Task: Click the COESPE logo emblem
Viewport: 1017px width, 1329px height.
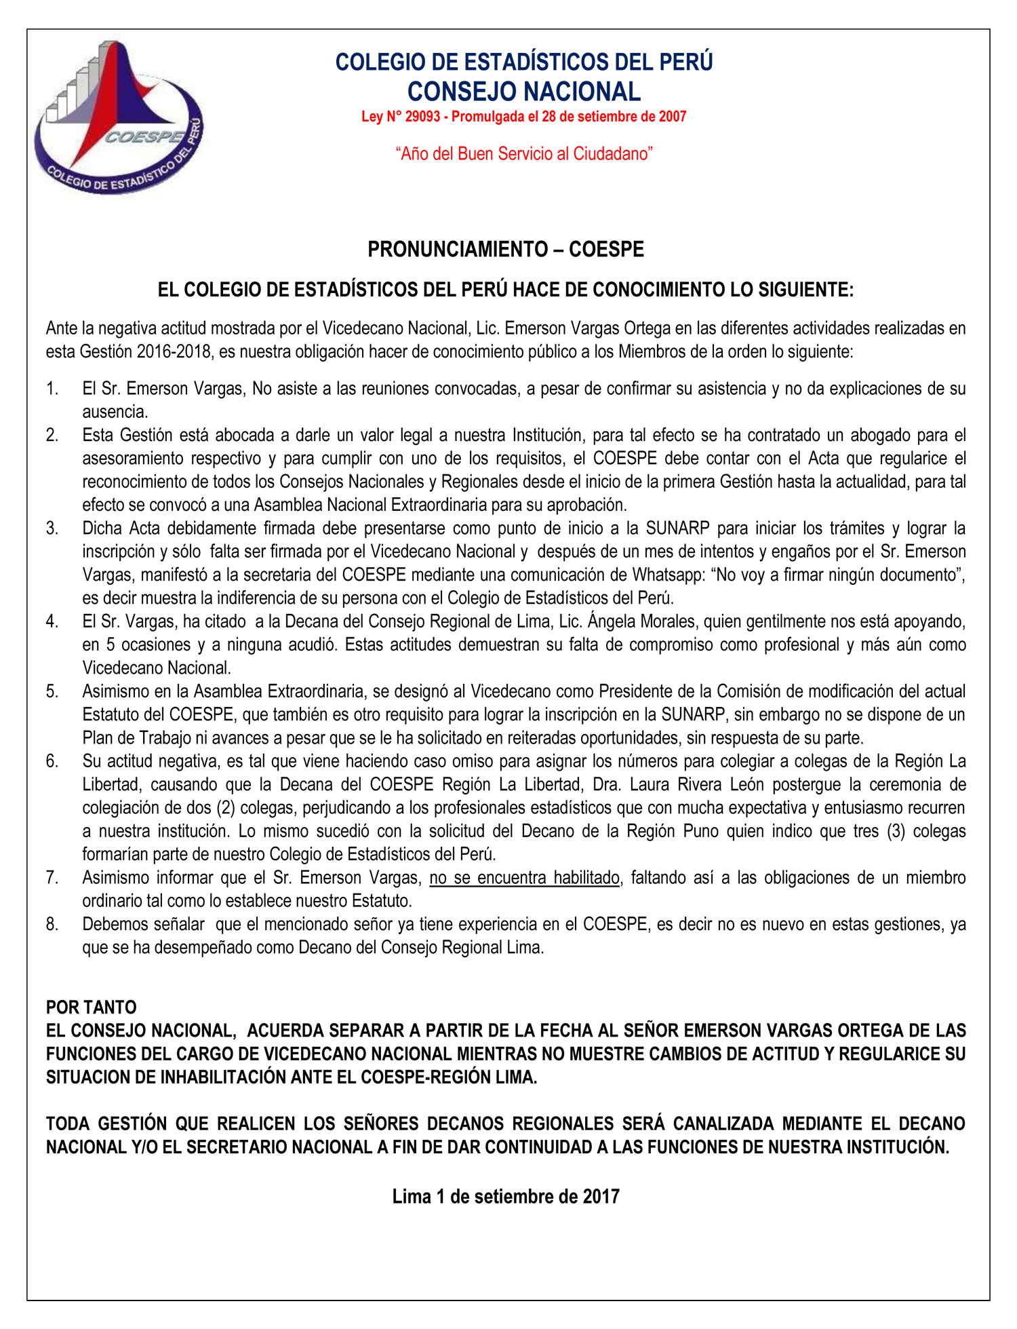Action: [119, 119]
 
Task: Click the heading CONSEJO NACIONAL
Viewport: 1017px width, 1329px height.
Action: [523, 91]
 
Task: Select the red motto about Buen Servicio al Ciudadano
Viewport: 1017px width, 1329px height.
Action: [523, 154]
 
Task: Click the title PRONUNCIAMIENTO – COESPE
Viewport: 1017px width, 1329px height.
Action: [506, 250]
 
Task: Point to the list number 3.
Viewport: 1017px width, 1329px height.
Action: [52, 528]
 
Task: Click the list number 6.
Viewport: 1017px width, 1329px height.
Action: [52, 761]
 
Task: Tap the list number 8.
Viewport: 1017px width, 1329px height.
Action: [52, 924]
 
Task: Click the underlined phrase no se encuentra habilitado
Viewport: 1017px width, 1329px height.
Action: [524, 878]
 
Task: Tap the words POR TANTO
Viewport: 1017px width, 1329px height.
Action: [92, 1007]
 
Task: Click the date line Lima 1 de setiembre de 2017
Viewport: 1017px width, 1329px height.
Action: [506, 1196]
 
